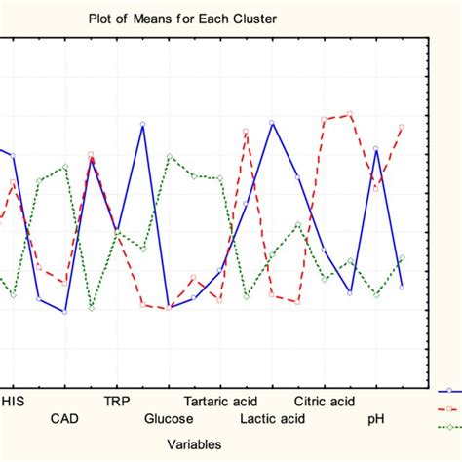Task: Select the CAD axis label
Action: click(x=65, y=419)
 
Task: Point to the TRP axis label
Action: click(x=117, y=401)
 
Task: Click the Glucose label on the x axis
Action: click(x=169, y=419)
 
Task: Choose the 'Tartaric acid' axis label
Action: click(x=220, y=401)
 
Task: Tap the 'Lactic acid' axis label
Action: click(x=272, y=419)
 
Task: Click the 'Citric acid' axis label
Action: click(x=325, y=401)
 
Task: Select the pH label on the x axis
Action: click(x=375, y=419)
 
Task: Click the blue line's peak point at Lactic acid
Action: click(x=272, y=122)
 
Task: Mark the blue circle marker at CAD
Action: click(x=65, y=312)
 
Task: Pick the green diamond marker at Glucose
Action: click(x=169, y=156)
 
